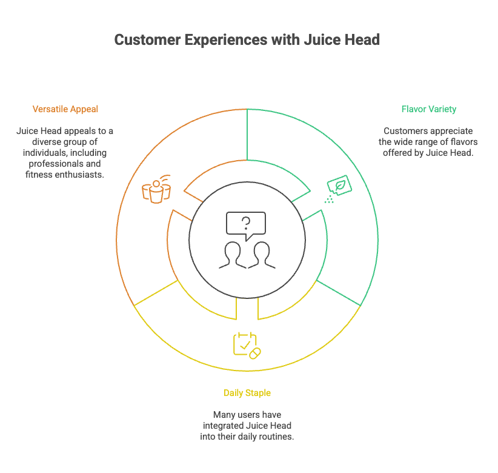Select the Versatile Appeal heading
65,109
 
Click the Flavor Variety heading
429,109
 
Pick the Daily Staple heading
247,393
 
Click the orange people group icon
156,189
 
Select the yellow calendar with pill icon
247,345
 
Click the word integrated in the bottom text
224,426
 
